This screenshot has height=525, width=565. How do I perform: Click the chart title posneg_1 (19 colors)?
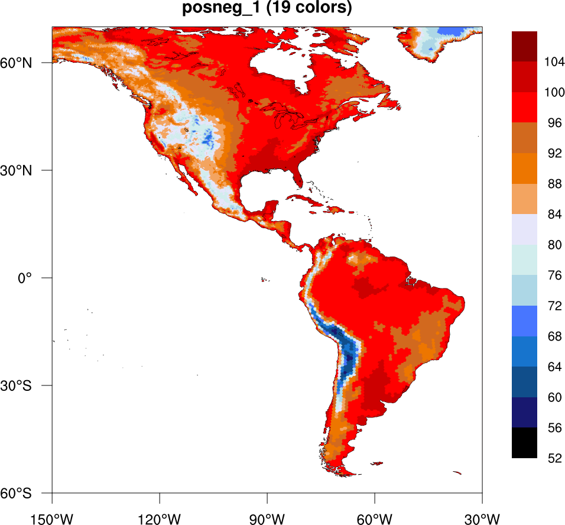point(267,9)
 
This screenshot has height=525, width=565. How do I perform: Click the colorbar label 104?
point(553,62)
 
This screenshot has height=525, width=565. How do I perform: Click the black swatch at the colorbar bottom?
point(524,443)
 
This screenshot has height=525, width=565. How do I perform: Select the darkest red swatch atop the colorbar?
point(524,46)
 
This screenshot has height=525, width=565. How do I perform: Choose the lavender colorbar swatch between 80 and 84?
point(524,229)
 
